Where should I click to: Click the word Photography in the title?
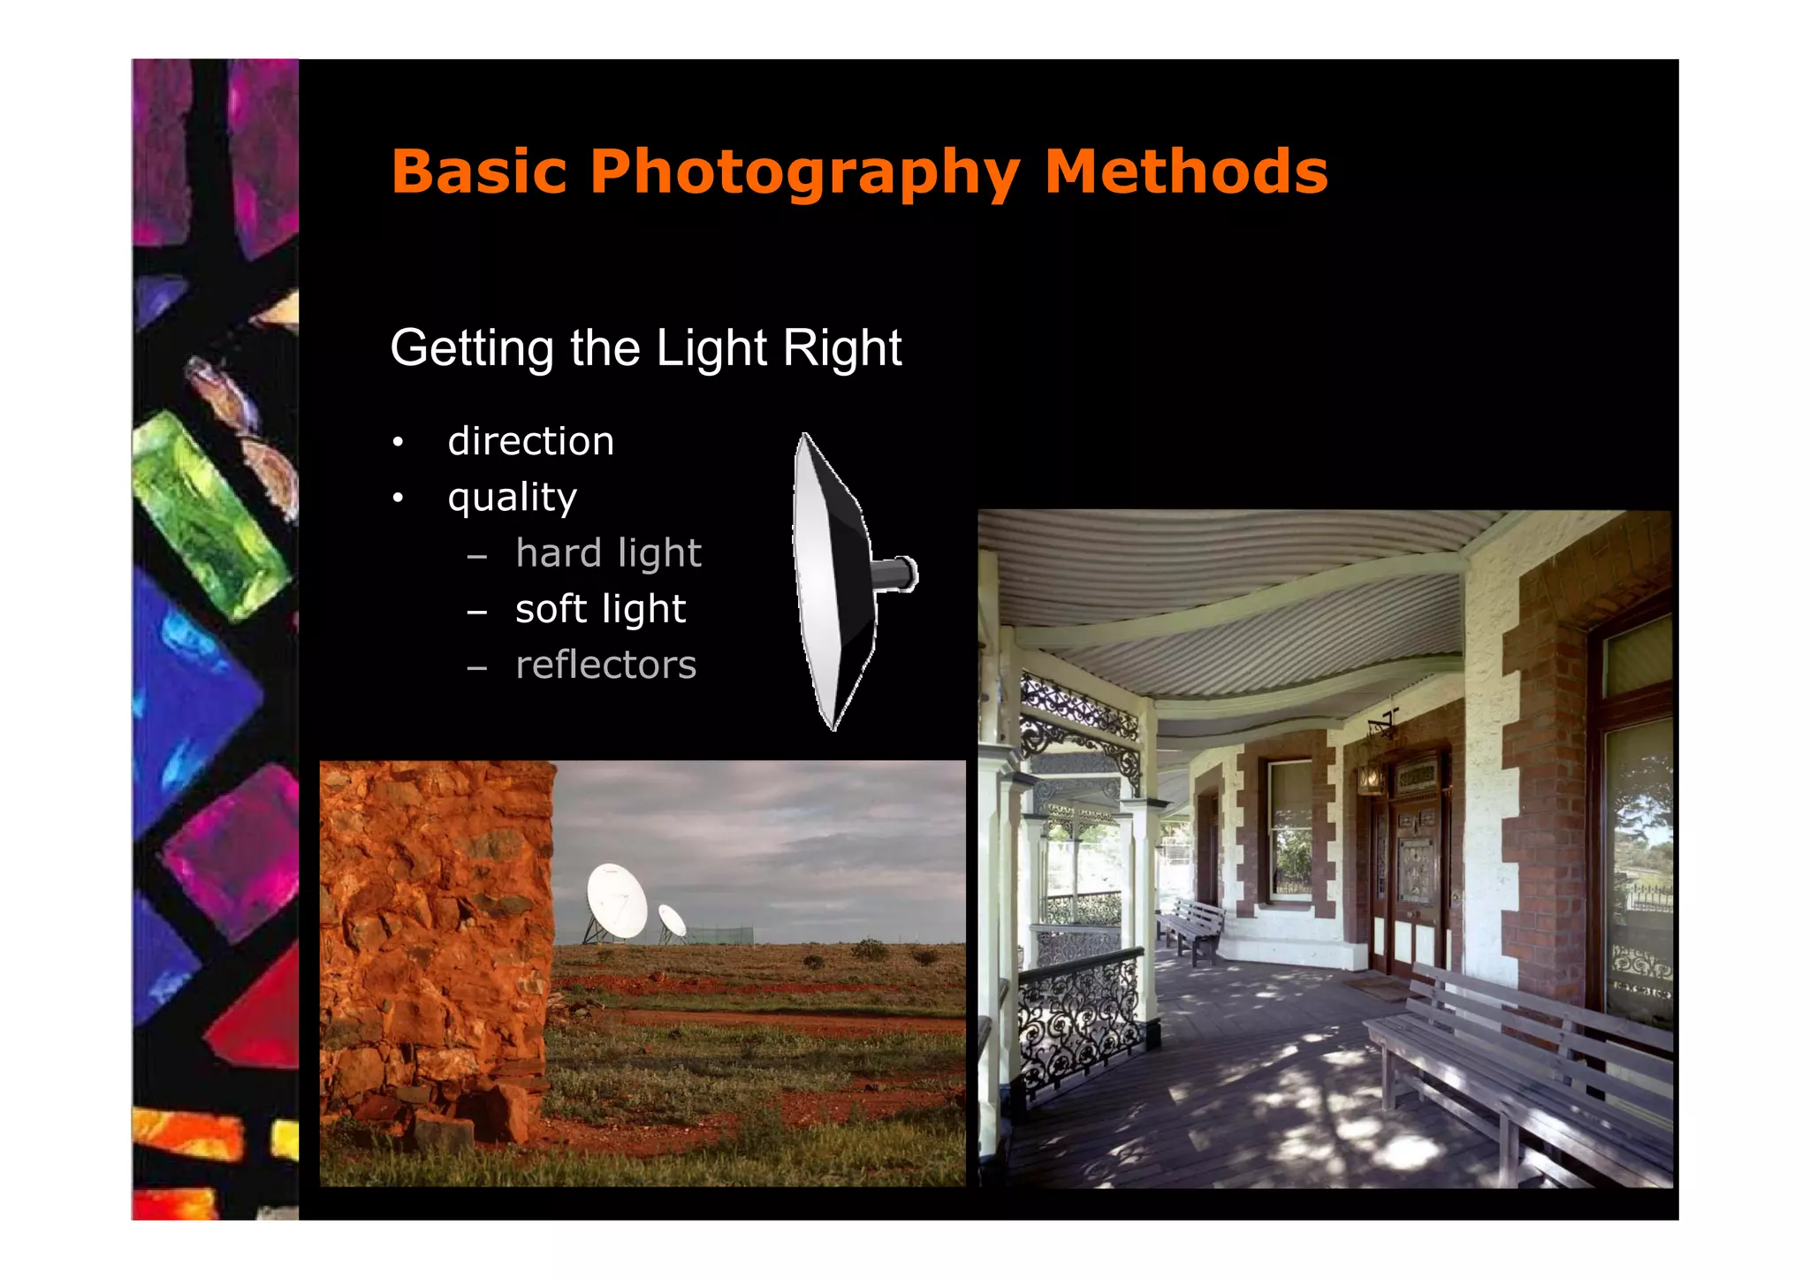(x=804, y=171)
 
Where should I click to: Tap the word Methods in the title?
(x=1186, y=171)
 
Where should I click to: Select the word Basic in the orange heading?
(x=479, y=171)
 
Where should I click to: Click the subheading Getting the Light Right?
(x=645, y=347)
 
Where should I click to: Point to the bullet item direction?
(x=530, y=441)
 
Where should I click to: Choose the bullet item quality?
(x=512, y=498)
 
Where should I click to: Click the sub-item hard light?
(x=608, y=553)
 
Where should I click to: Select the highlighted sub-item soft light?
(x=600, y=609)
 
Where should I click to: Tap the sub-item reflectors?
(x=605, y=665)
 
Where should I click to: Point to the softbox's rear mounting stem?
(x=897, y=575)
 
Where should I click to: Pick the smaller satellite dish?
(x=673, y=920)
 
